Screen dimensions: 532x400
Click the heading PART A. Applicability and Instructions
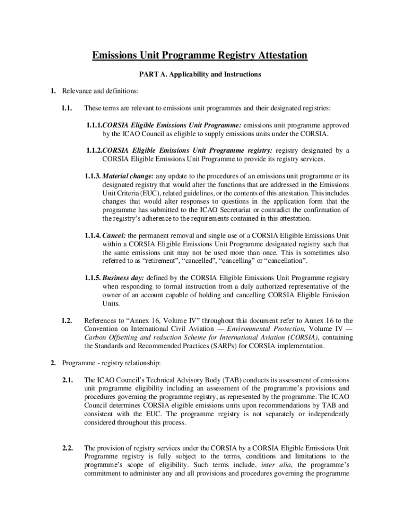tap(200, 74)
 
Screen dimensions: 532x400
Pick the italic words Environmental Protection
tap(272, 329)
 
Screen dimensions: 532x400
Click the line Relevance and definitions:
tap(100, 91)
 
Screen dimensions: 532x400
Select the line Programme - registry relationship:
tap(112, 363)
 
